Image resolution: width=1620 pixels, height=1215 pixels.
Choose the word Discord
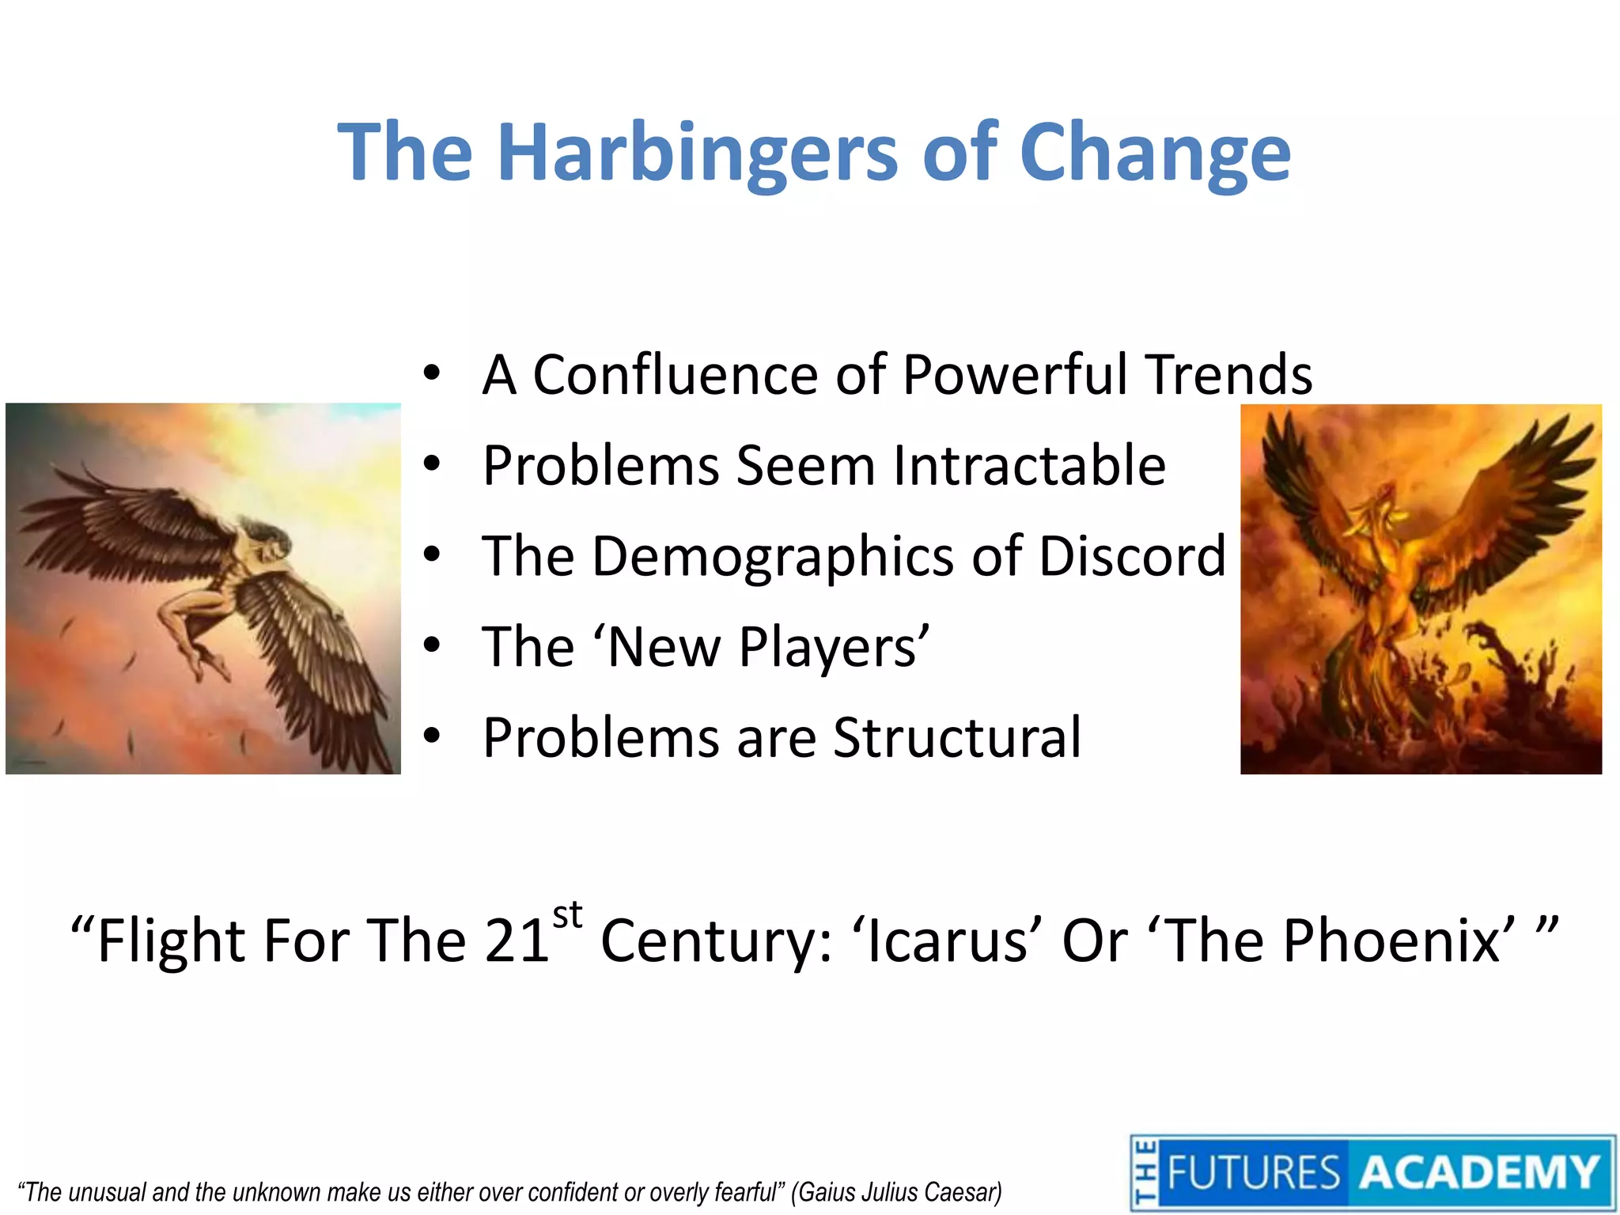1132,556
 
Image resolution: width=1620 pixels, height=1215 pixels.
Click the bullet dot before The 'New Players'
431,647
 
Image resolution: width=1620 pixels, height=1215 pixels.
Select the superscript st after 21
567,916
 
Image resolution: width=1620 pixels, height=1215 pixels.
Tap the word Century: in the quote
716,941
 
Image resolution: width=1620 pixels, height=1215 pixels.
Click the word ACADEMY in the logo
1478,1173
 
